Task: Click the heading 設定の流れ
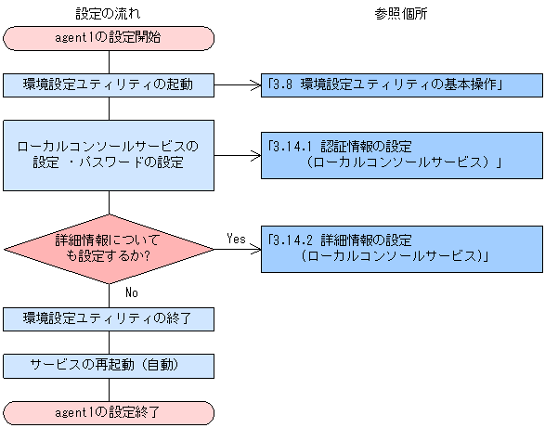[109, 13]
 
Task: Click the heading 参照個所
[401, 13]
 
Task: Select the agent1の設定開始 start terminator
[109, 38]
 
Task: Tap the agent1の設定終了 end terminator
[109, 410]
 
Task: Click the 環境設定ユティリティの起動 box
[109, 84]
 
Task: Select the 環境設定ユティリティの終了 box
[109, 318]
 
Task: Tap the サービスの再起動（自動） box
[109, 364]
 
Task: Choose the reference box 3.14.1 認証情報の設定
[401, 154]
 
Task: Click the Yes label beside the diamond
[236, 239]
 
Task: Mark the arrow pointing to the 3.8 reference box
[238, 84]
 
